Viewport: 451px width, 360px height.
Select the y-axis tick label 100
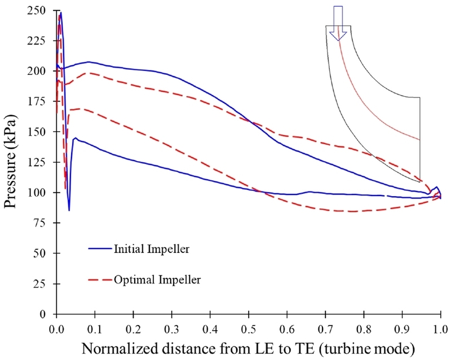click(x=41, y=193)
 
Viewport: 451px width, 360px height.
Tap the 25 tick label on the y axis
click(x=43, y=283)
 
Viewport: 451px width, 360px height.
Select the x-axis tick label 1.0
click(x=440, y=327)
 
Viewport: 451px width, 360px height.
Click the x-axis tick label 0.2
click(x=133, y=327)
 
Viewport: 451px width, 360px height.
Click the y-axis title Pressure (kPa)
click(x=12, y=162)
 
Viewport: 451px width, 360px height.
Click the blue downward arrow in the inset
click(x=338, y=23)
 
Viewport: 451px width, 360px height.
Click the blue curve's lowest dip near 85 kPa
click(x=69, y=210)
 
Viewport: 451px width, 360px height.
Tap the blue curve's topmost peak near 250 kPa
click(x=60, y=12)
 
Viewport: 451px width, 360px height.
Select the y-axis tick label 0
click(x=47, y=314)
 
